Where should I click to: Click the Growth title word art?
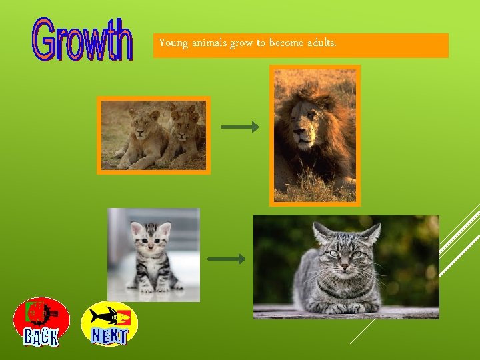pyautogui.click(x=83, y=40)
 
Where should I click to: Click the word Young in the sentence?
pyautogui.click(x=173, y=43)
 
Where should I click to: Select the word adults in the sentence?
pyautogui.click(x=322, y=43)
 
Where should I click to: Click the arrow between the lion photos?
pyautogui.click(x=239, y=127)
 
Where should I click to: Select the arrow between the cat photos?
pyautogui.click(x=226, y=259)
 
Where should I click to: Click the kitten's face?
pyautogui.click(x=150, y=241)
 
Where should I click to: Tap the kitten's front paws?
pyautogui.click(x=153, y=287)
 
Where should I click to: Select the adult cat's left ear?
pyautogui.click(x=323, y=233)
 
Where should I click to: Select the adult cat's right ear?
pyautogui.click(x=370, y=233)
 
